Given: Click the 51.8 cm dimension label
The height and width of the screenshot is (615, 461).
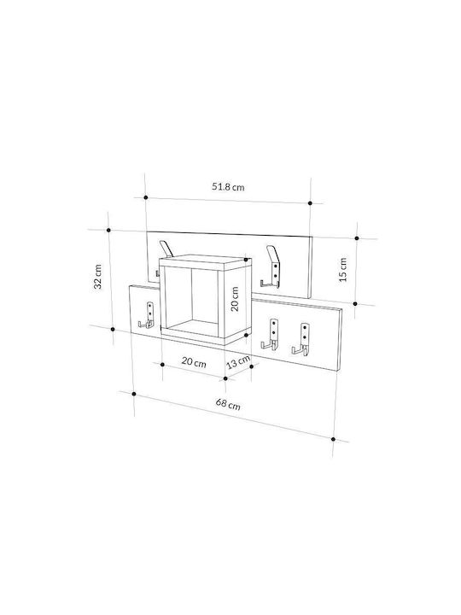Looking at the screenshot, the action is coord(228,187).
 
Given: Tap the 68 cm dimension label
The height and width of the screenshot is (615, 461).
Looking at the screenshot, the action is coord(228,403).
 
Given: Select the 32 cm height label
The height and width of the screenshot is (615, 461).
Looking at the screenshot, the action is coord(97,277).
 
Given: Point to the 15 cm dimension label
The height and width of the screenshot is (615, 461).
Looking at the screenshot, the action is coord(342,269).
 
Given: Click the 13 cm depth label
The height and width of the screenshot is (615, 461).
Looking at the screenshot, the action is coord(238,362).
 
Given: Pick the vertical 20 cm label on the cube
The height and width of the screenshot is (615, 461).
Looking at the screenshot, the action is coord(235,299).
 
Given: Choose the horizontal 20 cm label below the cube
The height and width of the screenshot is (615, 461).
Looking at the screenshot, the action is coord(194,362).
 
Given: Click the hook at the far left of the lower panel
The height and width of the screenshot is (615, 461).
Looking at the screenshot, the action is coord(147,315).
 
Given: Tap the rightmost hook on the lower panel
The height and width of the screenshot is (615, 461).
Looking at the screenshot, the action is coord(301,338).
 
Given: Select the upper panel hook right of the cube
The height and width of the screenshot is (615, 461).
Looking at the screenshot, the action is coord(271,266).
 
